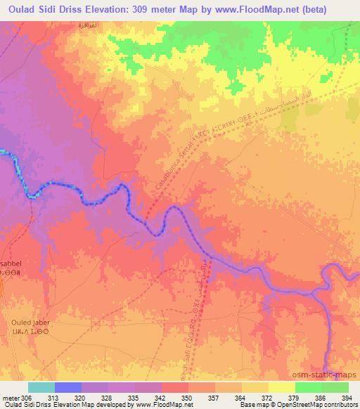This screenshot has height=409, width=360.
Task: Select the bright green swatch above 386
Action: pyautogui.click(x=308, y=387)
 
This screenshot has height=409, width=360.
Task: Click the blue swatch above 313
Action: pyautogui.click(x=67, y=387)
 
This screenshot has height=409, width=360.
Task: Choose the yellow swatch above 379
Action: pyautogui.click(x=281, y=387)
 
